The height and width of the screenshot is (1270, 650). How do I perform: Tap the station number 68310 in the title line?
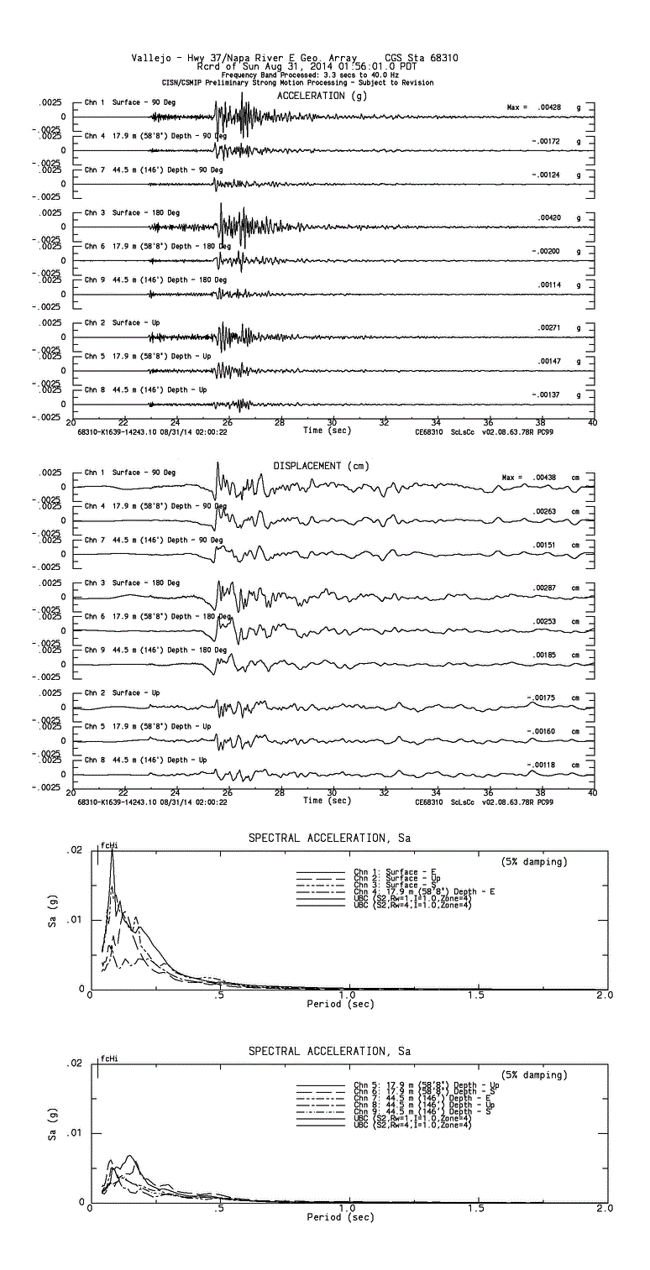442,58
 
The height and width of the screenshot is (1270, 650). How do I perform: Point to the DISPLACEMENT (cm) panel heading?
321,465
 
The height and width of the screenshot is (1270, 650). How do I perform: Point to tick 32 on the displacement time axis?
384,792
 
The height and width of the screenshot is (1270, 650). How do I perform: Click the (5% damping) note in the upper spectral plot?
534,862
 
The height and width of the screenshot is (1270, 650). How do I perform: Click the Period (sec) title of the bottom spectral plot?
340,1217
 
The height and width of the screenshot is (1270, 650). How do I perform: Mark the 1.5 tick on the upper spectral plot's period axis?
475,996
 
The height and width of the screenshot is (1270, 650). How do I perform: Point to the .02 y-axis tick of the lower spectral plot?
75,1064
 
